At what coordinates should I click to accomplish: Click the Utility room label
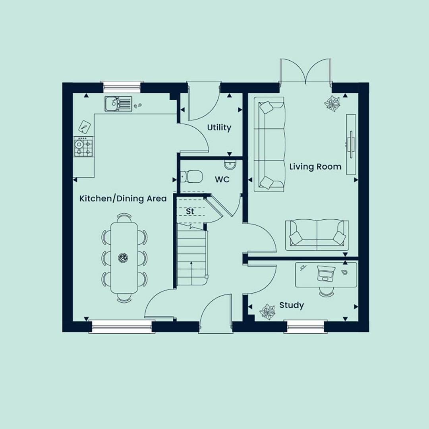(219, 128)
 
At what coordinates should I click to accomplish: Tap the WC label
(222, 180)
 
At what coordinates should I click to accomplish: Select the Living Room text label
(315, 166)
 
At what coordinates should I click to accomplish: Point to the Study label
(292, 305)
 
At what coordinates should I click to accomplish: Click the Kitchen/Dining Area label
(123, 198)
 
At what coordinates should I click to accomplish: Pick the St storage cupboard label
(190, 211)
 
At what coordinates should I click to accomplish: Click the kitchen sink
(118, 104)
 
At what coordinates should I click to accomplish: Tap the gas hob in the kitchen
(83, 147)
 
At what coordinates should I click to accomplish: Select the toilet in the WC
(191, 176)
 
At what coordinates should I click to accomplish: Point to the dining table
(124, 258)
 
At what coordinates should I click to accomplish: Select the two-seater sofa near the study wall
(317, 235)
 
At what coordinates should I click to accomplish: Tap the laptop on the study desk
(325, 273)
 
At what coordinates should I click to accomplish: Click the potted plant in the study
(267, 312)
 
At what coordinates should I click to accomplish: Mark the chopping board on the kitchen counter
(84, 127)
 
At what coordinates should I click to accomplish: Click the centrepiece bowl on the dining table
(123, 258)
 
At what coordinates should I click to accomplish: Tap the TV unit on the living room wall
(351, 145)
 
